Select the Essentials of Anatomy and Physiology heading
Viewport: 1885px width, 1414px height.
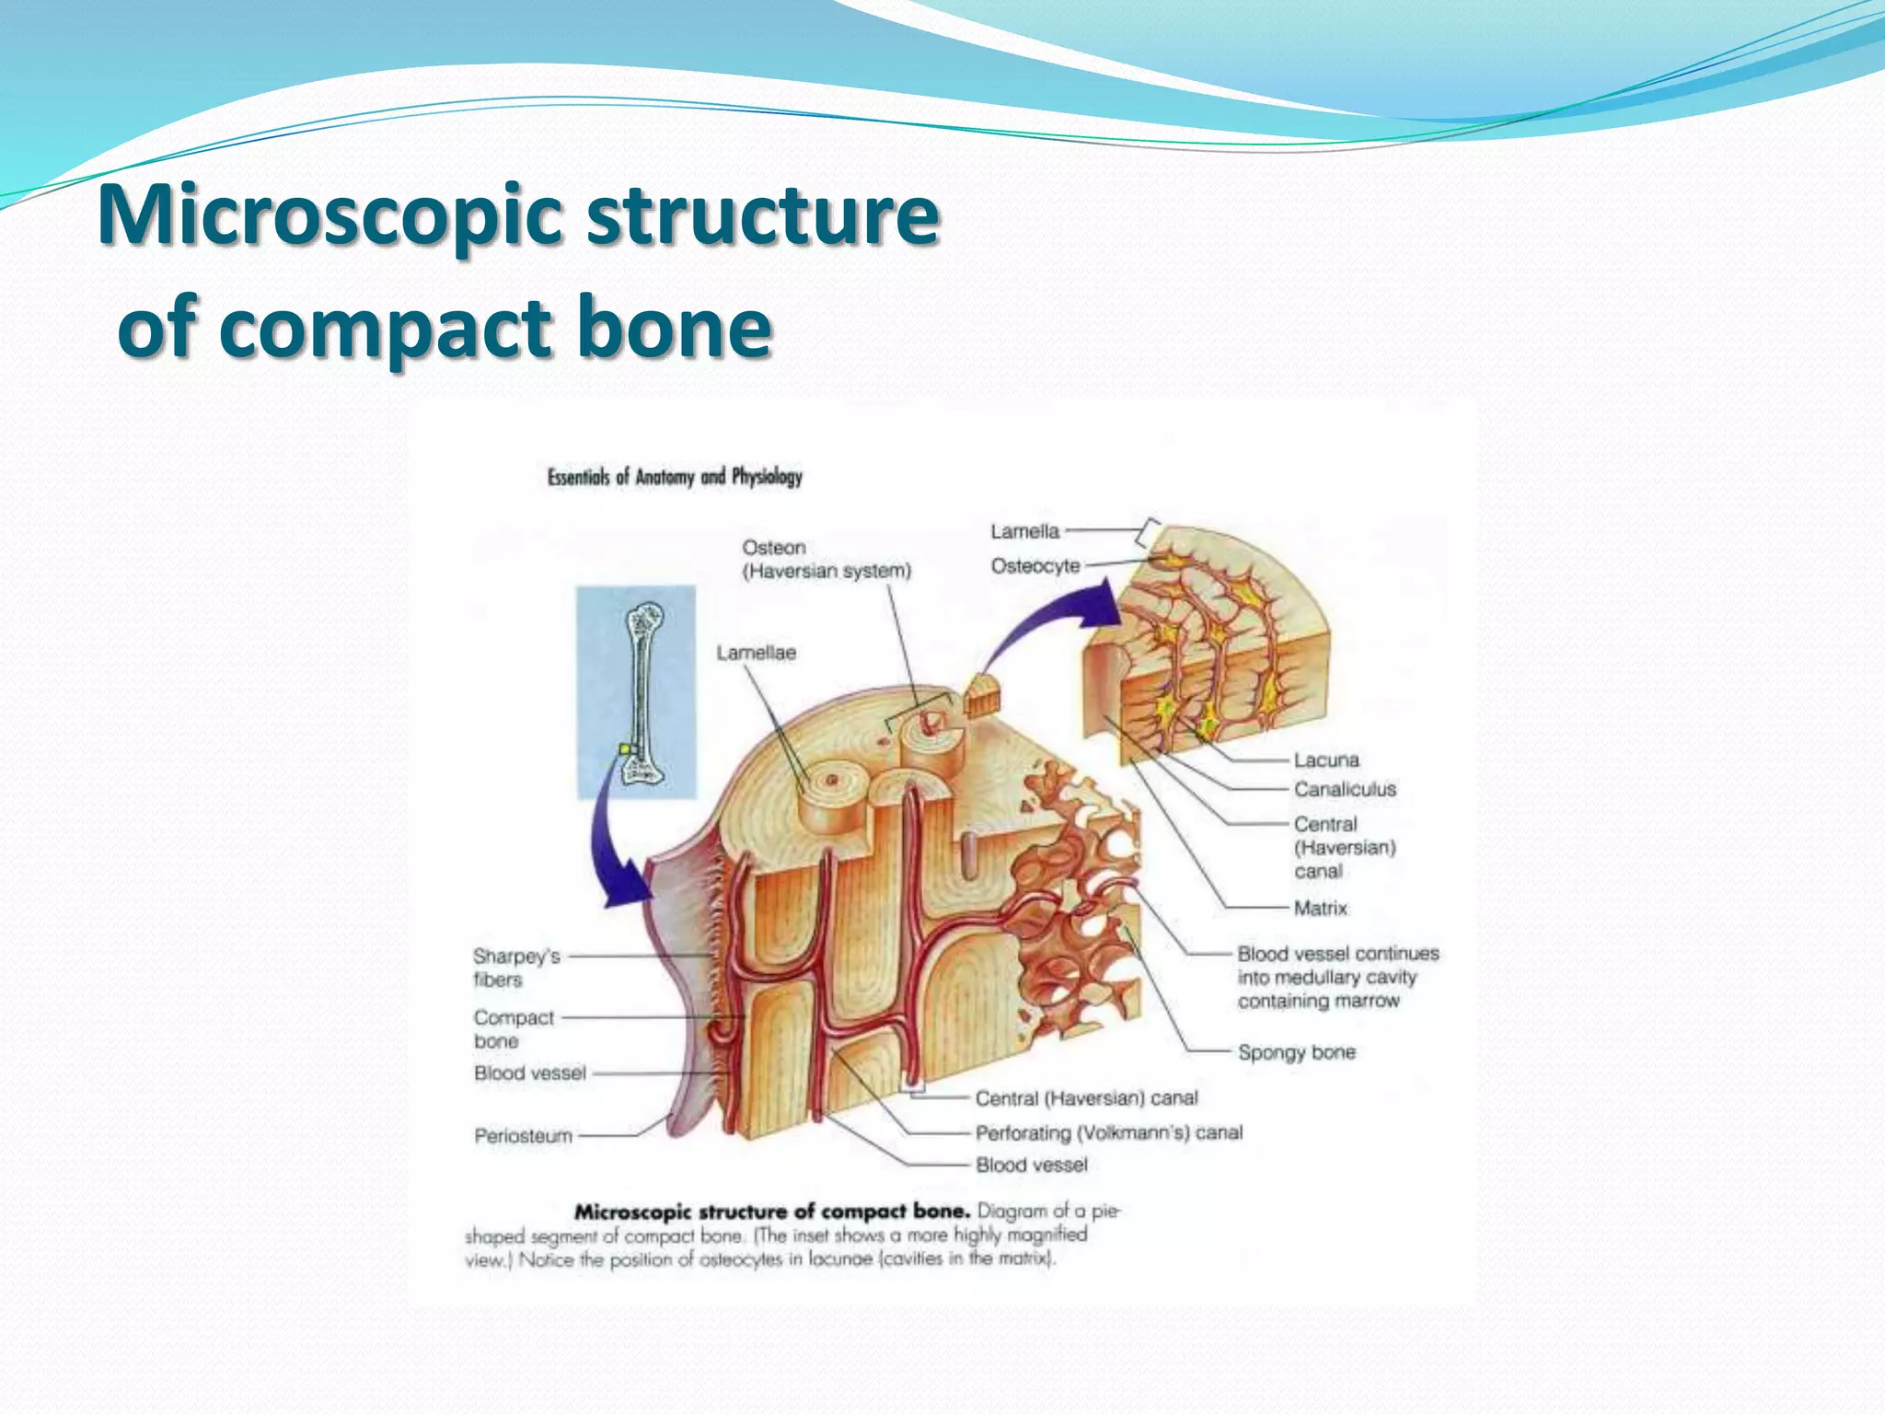click(x=675, y=477)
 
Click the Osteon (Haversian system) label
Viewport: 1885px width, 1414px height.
click(x=826, y=559)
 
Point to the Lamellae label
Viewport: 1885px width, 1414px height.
click(x=756, y=653)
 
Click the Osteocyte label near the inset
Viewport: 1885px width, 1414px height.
click(x=1035, y=565)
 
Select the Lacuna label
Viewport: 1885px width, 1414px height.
click(x=1325, y=760)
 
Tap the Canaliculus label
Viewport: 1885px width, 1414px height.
click(x=1344, y=790)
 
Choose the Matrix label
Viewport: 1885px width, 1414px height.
click(x=1320, y=909)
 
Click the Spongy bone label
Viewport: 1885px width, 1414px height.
click(x=1296, y=1052)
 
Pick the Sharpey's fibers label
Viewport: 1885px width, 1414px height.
click(x=515, y=968)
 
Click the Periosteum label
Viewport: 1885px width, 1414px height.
click(x=523, y=1136)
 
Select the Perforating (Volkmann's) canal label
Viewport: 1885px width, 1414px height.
click(x=1108, y=1132)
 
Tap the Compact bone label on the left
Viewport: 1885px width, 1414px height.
click(x=513, y=1029)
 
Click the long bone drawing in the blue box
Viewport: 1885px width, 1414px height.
click(x=642, y=690)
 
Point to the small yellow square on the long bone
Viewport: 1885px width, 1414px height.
click(x=625, y=749)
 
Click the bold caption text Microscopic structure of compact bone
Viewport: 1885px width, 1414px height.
click(x=771, y=1211)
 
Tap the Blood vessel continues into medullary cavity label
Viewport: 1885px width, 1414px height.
click(x=1336, y=977)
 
